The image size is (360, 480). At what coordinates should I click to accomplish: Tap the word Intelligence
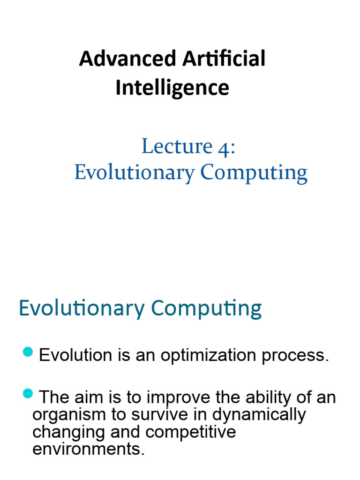(172, 88)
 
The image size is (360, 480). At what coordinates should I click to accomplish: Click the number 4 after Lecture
(223, 147)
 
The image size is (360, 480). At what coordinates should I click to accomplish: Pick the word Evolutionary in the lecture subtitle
(134, 173)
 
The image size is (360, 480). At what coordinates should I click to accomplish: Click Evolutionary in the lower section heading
(82, 309)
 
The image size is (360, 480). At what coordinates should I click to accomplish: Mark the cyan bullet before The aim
(28, 394)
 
